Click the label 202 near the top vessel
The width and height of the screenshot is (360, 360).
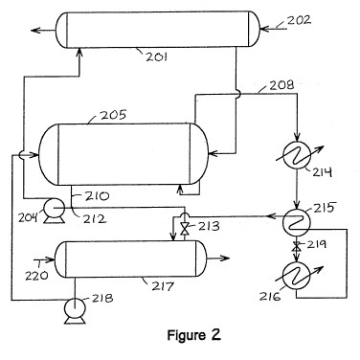coord(299,20)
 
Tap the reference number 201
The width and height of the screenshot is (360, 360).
coord(156,56)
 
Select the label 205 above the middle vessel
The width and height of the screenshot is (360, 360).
coord(114,115)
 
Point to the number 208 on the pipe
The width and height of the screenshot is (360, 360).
coord(281,85)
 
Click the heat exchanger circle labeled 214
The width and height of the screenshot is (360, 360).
coord(297,155)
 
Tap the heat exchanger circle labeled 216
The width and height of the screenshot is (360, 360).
coord(297,276)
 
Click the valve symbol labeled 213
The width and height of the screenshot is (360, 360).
coord(184,229)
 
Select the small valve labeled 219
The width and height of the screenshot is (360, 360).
coord(297,245)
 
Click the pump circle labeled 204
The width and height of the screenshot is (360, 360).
coord(54,209)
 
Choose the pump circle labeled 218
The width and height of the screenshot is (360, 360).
coord(75,307)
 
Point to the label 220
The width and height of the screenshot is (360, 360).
coord(36,275)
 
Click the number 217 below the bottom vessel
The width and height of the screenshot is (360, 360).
coord(163,286)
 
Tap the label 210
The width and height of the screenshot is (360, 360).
coord(97,196)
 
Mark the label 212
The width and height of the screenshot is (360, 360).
coord(95,218)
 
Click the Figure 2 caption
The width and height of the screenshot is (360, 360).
coord(194,335)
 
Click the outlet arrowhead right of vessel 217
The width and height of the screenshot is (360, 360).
coord(225,258)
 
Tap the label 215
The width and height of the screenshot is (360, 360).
coord(325,208)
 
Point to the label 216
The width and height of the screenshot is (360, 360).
coord(270,297)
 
